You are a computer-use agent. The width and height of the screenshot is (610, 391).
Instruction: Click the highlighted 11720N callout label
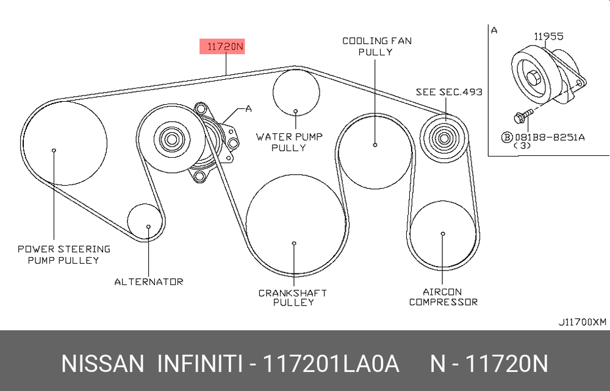coord(222,47)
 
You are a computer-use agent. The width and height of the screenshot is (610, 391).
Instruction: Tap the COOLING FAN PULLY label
coord(376,46)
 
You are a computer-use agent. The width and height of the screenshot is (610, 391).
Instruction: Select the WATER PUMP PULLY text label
coord(289,142)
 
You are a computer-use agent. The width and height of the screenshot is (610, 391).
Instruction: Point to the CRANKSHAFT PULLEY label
coord(293,297)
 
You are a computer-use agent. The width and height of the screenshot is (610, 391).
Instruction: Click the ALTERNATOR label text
coord(149,281)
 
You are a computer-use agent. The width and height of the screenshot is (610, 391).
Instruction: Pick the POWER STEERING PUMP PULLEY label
coord(64,255)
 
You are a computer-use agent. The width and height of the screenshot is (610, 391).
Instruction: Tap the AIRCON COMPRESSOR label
coord(443,297)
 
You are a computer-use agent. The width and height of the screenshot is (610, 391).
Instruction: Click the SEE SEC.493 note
coord(449,92)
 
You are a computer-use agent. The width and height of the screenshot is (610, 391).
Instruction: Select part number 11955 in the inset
coord(548,37)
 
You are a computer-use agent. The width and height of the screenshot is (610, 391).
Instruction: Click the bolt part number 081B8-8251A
coord(550,137)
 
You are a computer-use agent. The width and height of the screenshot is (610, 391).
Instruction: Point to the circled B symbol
coord(507,138)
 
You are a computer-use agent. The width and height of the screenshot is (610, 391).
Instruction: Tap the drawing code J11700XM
coord(583,322)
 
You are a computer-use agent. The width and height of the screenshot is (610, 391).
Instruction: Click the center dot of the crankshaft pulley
coord(294,244)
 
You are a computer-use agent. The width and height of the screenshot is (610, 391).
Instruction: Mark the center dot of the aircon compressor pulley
coord(443,234)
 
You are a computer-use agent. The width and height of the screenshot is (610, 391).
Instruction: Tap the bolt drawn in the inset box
coord(523,116)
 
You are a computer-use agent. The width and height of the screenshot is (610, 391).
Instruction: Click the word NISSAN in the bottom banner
coord(102,364)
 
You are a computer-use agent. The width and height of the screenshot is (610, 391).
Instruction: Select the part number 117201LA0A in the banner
coord(331,364)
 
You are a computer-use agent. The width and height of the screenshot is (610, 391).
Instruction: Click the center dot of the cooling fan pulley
coord(375,145)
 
